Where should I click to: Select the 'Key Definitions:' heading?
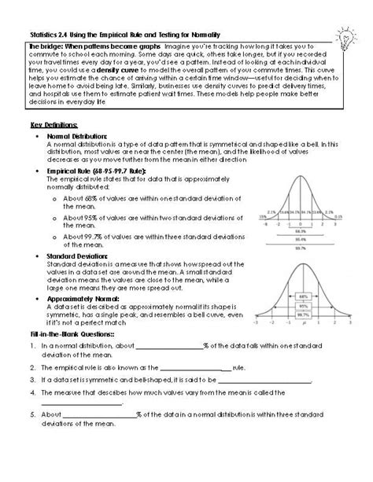tap(54, 125)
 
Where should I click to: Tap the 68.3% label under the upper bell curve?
tap(302, 232)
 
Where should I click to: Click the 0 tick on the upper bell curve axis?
tap(302, 223)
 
